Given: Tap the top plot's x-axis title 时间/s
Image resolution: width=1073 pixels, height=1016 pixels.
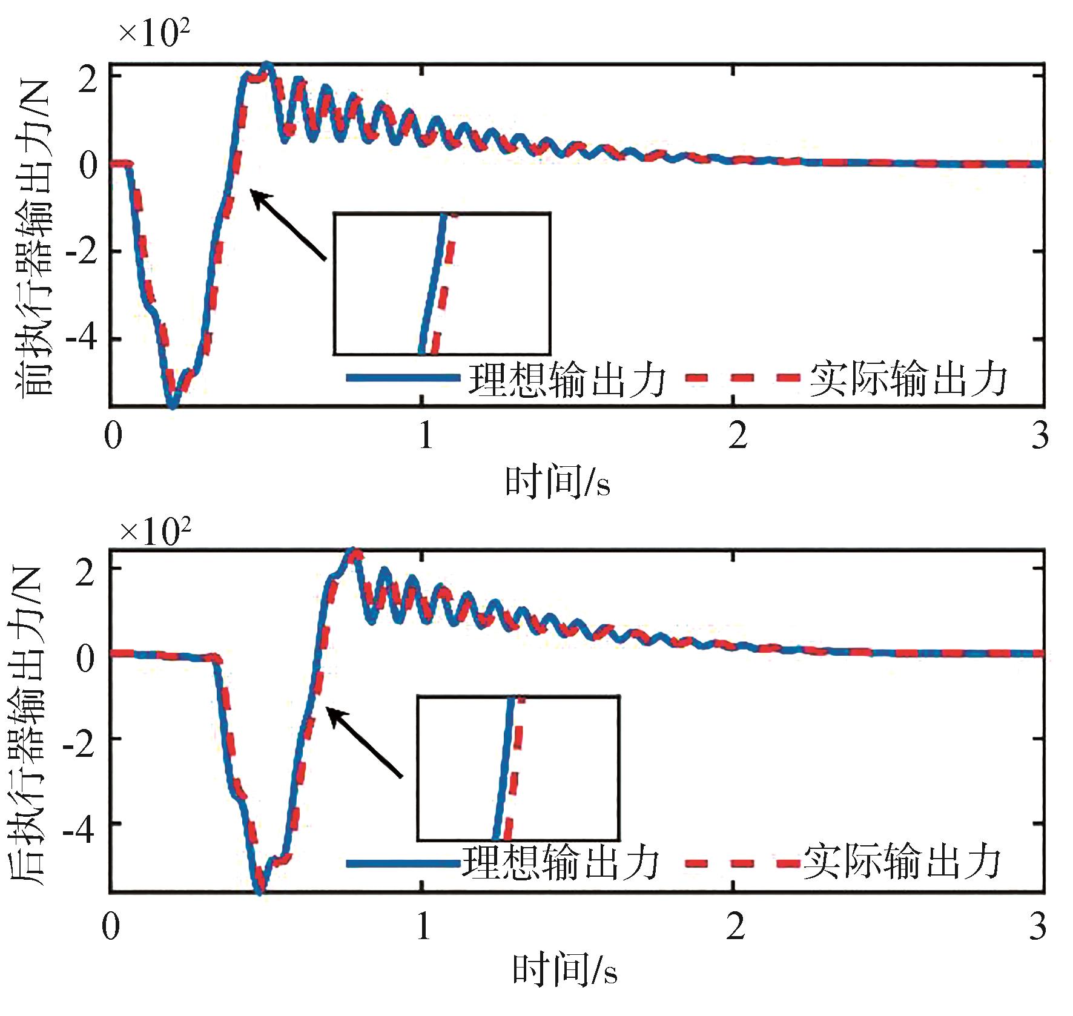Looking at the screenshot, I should [x=558, y=483].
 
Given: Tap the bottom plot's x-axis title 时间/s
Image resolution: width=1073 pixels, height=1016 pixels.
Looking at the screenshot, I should [x=565, y=969].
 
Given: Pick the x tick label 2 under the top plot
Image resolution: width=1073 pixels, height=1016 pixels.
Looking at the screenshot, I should [x=737, y=435].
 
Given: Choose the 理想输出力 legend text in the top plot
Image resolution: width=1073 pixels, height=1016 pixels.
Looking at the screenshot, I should [x=567, y=380].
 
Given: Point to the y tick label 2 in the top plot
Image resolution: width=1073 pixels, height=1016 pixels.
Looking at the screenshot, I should [x=88, y=79].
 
